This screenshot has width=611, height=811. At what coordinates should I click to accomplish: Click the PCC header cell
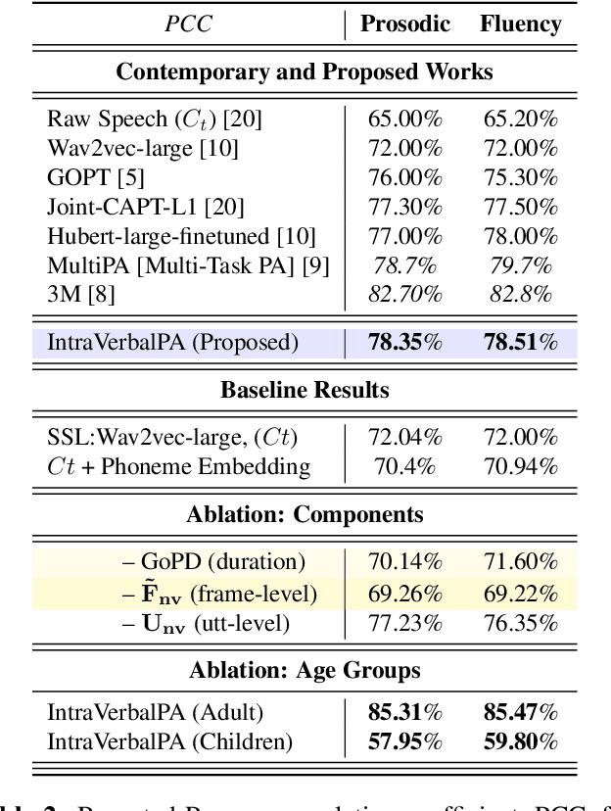[x=189, y=24]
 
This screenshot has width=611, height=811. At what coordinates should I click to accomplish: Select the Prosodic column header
[x=404, y=24]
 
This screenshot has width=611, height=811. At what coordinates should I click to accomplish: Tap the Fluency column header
[x=520, y=24]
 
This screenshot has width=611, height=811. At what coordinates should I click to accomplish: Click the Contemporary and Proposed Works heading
[x=305, y=72]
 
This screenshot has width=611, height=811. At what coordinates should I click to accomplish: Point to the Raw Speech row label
[x=155, y=119]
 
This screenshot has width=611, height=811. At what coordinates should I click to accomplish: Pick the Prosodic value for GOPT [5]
[x=404, y=177]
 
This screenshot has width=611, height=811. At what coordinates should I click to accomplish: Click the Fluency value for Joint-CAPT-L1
[x=520, y=207]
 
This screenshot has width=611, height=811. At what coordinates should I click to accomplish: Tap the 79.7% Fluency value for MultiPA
[x=520, y=264]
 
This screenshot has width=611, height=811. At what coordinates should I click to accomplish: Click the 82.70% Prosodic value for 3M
[x=404, y=294]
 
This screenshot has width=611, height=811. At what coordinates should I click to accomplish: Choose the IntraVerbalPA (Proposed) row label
[x=172, y=342]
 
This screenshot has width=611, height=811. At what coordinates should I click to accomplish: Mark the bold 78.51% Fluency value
[x=520, y=342]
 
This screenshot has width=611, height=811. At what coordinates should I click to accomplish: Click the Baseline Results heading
[x=305, y=390]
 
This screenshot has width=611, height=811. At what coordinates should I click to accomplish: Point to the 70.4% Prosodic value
[x=404, y=466]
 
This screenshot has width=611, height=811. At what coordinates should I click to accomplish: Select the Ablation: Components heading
[x=305, y=514]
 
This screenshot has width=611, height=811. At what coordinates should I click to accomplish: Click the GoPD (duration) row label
[x=212, y=562]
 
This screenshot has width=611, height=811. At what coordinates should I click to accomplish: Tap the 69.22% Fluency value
[x=520, y=592]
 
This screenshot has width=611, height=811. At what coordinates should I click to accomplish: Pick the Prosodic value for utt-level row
[x=404, y=621]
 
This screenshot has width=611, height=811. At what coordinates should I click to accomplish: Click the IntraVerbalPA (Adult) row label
[x=156, y=713]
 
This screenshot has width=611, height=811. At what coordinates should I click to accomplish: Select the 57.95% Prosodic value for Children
[x=404, y=741]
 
